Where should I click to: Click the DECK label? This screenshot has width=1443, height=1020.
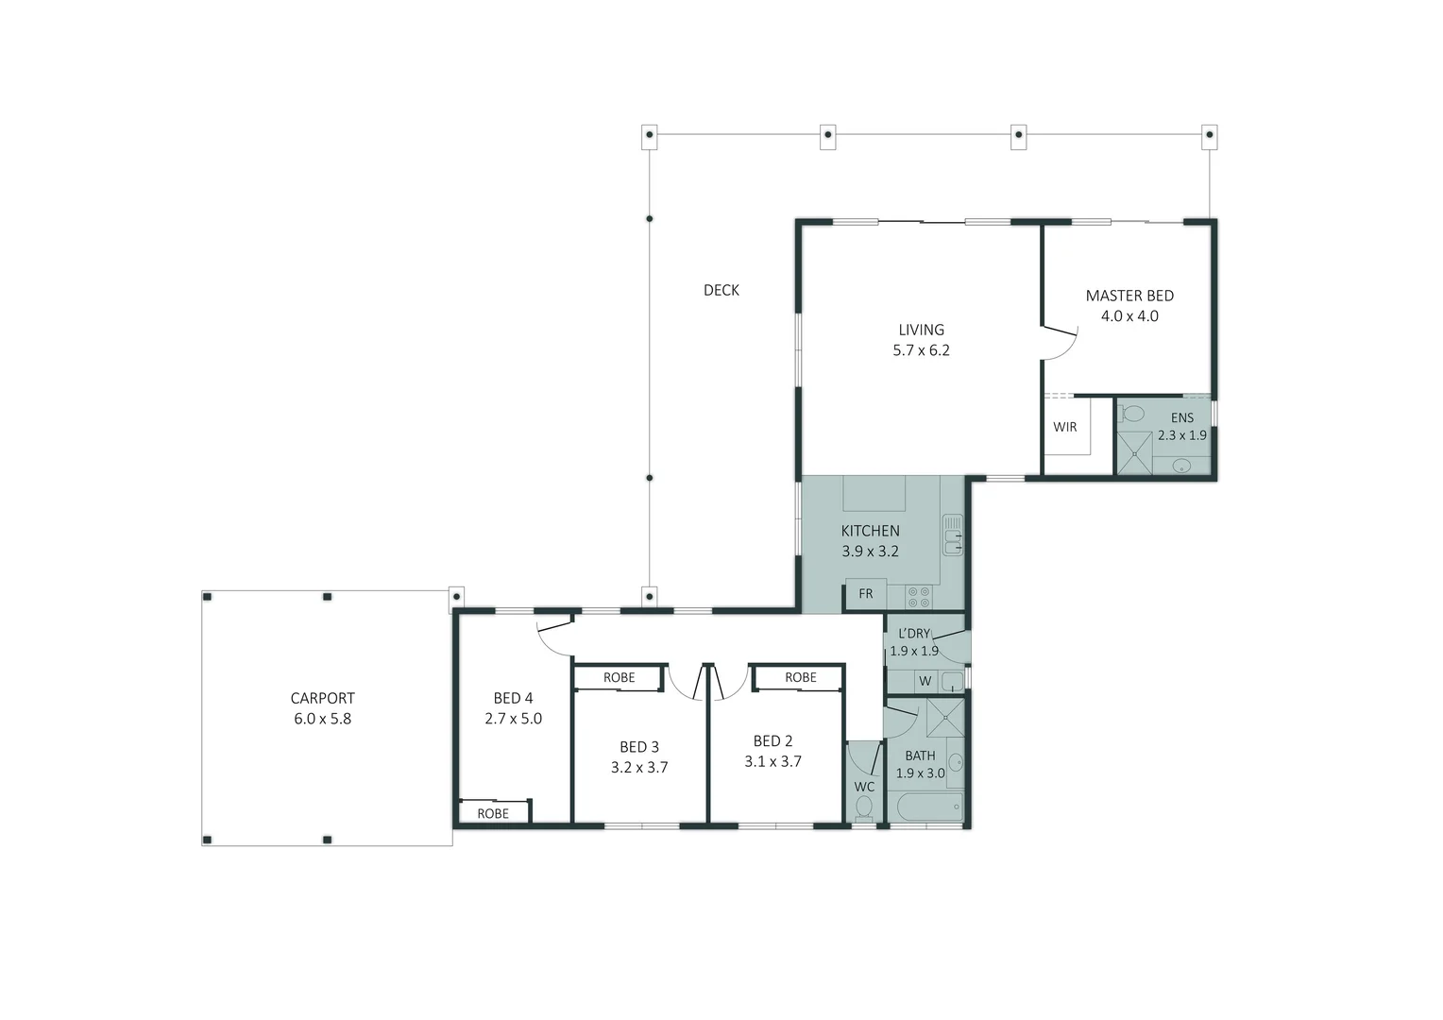[721, 290]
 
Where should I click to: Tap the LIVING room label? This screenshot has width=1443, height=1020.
[921, 330]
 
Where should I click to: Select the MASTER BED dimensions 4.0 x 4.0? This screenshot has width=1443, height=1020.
[1129, 316]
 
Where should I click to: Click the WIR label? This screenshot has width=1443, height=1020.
[1065, 427]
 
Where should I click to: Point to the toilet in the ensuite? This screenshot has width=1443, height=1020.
[1131, 413]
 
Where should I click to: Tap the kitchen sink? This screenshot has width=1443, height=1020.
[953, 535]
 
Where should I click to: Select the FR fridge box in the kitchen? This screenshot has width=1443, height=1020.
[866, 594]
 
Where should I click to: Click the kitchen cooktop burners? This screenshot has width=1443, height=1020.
[919, 597]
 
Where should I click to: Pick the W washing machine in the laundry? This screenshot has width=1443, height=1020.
[925, 681]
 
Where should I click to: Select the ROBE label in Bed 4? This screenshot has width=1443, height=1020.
[493, 813]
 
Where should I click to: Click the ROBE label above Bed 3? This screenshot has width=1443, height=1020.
[620, 677]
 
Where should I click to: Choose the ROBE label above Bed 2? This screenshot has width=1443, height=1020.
[801, 677]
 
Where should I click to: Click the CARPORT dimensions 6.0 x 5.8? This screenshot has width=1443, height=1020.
[322, 719]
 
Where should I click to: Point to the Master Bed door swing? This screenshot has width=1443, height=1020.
[1061, 345]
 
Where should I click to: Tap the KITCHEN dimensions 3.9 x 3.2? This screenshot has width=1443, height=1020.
[870, 552]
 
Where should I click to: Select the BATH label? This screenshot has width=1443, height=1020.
[920, 756]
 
